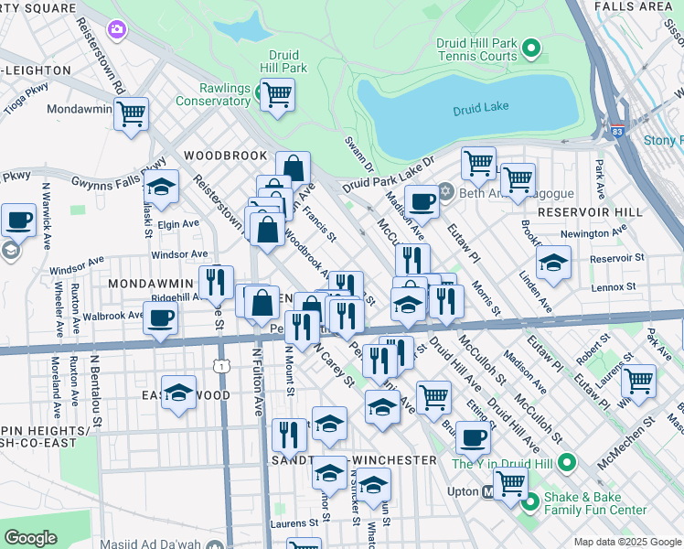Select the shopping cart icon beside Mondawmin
131,114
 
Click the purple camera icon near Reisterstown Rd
116,30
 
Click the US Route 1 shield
219,365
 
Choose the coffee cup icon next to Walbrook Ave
161,318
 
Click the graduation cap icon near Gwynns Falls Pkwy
161,187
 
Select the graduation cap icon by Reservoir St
552,263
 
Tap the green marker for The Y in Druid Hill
567,464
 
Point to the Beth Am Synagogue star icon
446,191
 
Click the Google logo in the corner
30,537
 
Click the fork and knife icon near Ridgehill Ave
216,282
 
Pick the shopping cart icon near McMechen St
638,380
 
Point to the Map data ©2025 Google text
625,542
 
